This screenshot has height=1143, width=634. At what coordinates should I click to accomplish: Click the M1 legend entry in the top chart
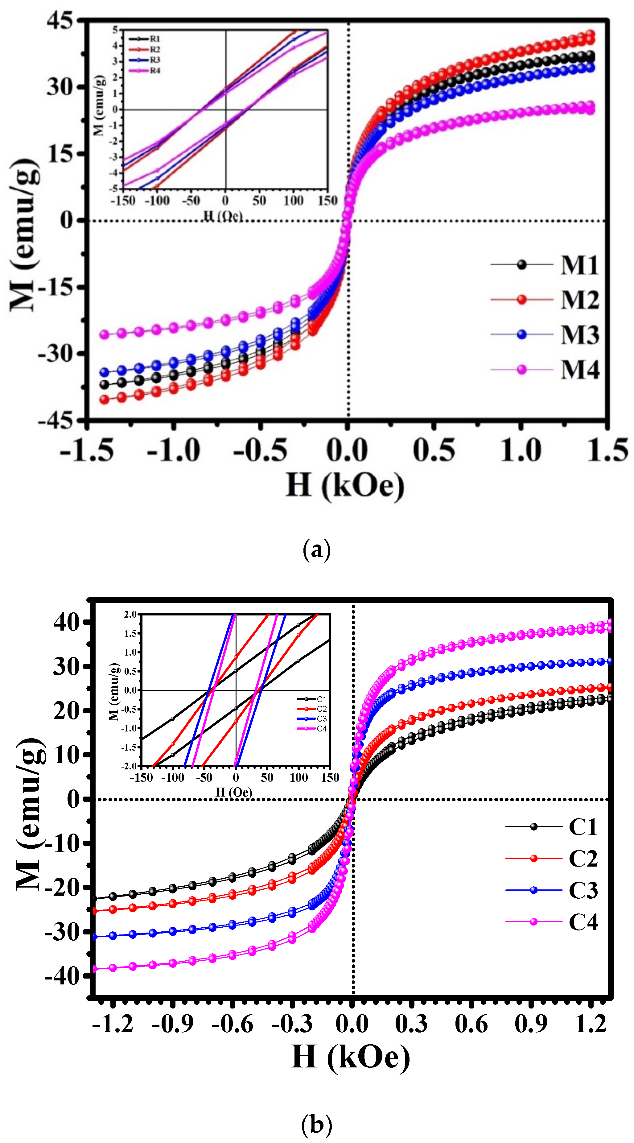[579, 265]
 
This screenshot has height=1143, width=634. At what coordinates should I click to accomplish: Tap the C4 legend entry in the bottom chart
[583, 922]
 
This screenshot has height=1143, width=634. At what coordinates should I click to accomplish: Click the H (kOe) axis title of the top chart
[345, 485]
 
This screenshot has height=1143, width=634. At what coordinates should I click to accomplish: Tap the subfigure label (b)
[316, 1125]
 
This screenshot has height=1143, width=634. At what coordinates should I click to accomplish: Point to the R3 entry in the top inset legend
[154, 60]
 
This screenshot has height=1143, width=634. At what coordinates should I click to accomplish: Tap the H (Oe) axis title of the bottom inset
[234, 792]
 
